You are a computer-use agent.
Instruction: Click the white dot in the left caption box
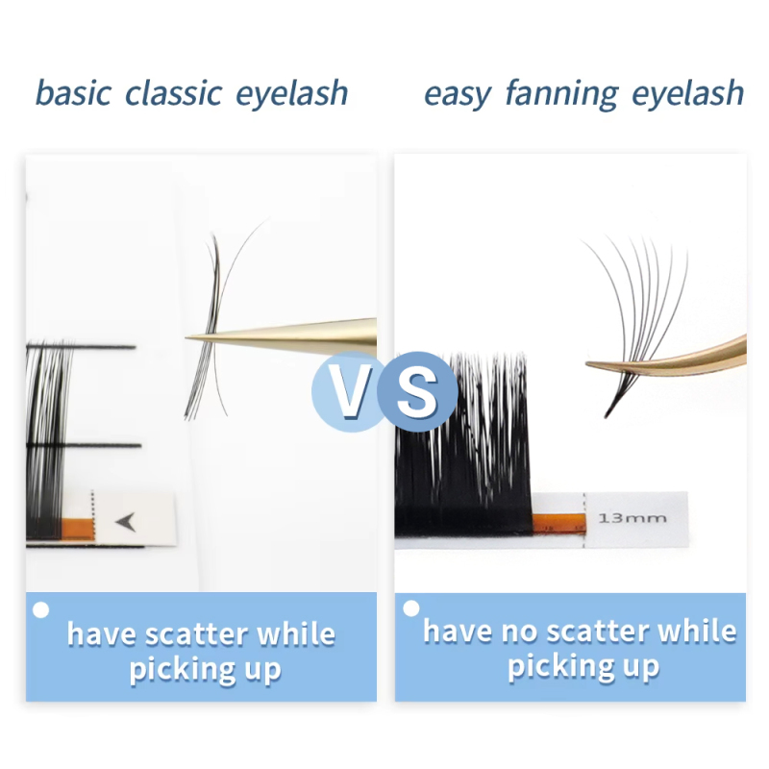pos(40,609)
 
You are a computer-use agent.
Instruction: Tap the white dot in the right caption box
pos(411,608)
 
